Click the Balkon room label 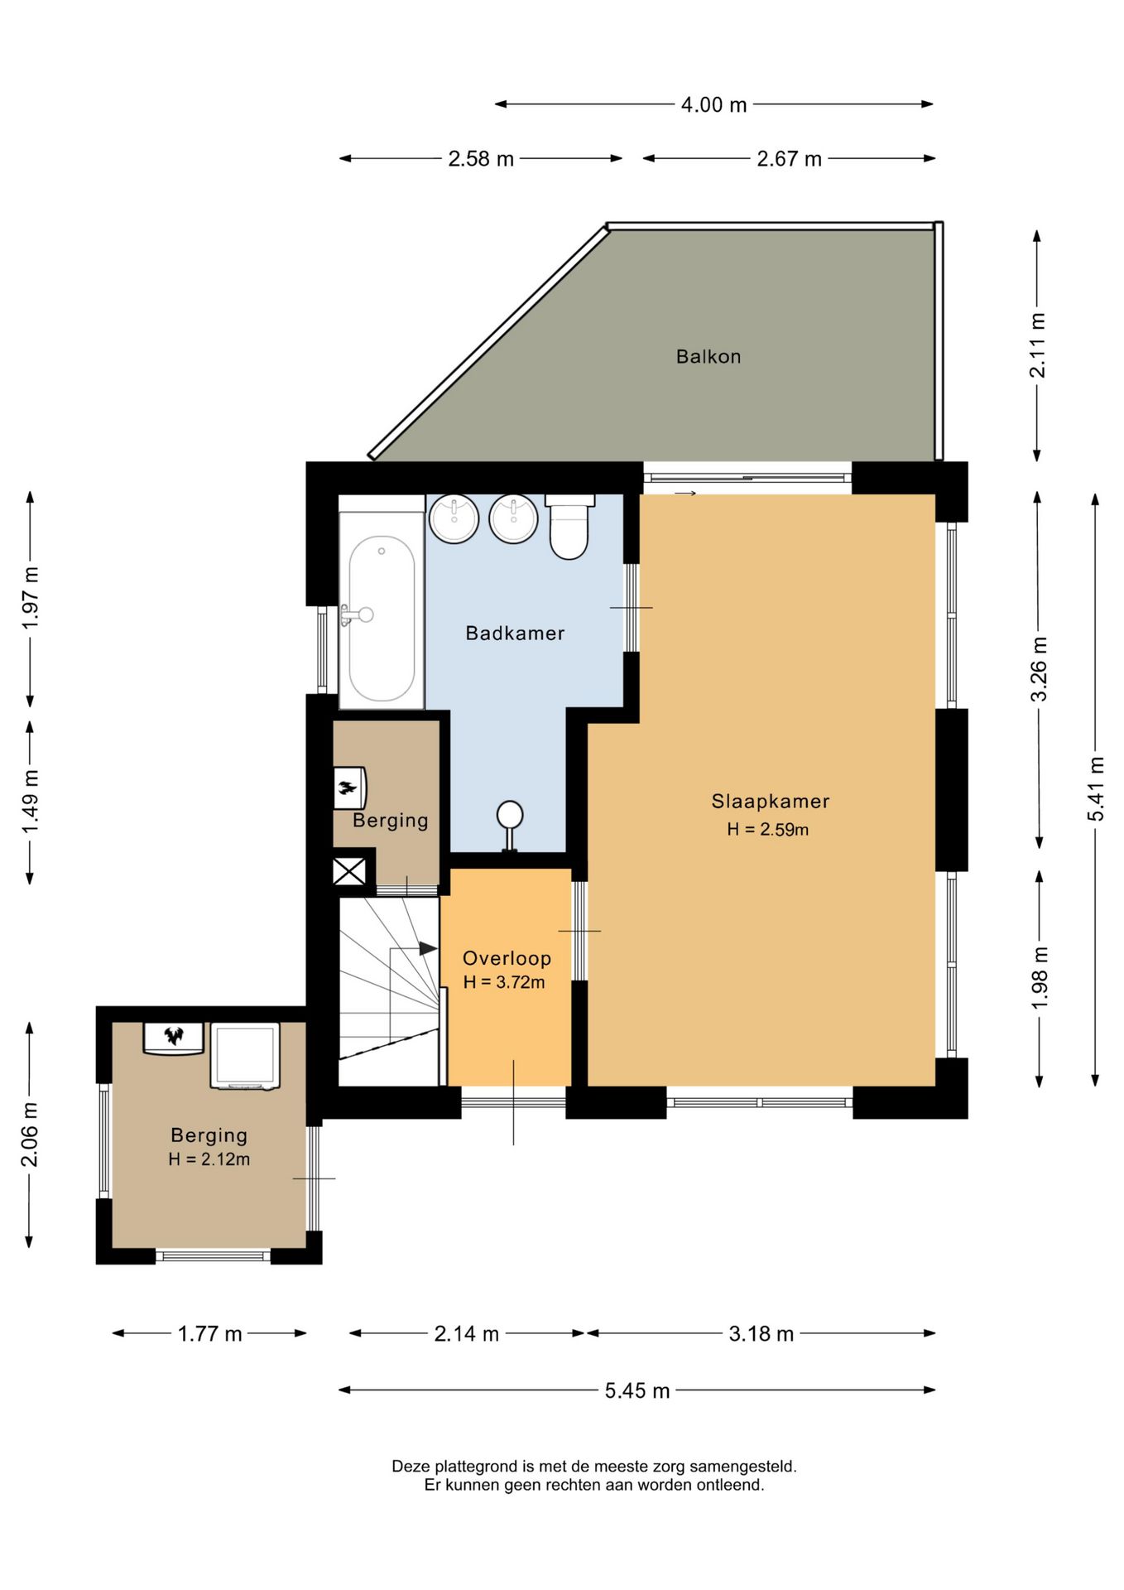(709, 357)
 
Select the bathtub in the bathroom (382, 610)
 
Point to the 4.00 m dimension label (713, 105)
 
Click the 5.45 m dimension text (637, 1390)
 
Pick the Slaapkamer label (771, 802)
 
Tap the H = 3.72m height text (504, 983)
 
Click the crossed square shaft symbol (349, 871)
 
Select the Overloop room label (507, 958)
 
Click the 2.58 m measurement (481, 159)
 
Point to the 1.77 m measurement (210, 1334)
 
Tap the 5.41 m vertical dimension (1096, 789)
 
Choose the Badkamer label (515, 634)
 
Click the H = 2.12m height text (209, 1159)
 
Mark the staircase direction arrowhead (428, 948)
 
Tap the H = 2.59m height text (768, 829)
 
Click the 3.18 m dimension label (761, 1334)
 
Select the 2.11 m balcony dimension (1037, 345)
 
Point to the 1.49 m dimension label (31, 802)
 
